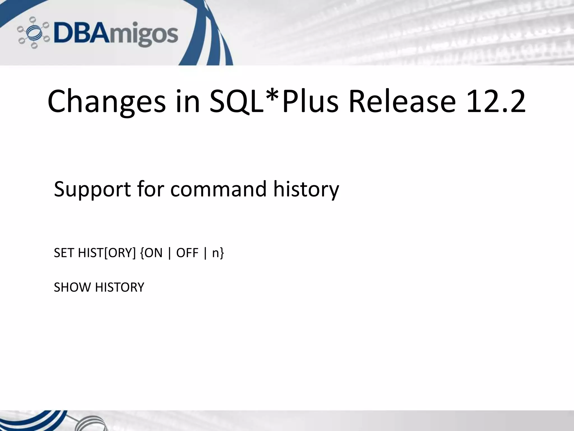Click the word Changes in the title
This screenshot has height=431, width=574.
(107, 102)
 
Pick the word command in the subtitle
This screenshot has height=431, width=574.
(218, 189)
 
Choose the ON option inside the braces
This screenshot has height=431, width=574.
(154, 253)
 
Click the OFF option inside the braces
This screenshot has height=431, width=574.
(187, 253)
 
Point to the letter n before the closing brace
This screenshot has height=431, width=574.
(215, 253)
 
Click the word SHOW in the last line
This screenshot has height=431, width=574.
(72, 287)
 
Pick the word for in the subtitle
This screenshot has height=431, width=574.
(151, 189)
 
